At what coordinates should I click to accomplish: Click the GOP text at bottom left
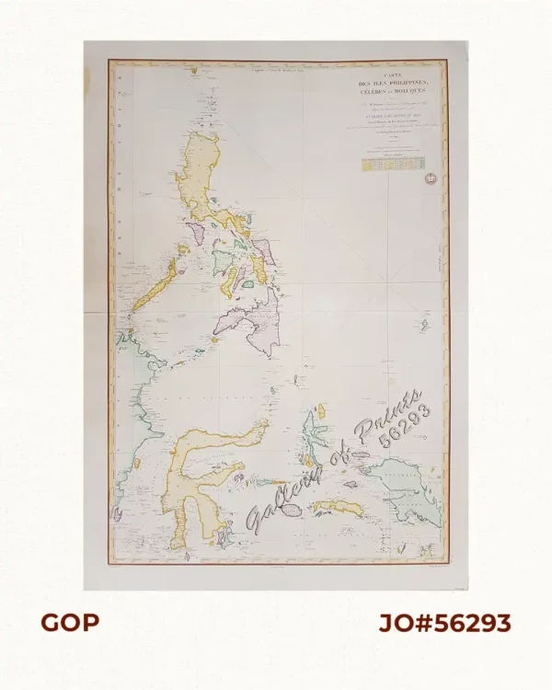tap(70, 623)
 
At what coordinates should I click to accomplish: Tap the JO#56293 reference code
tap(444, 623)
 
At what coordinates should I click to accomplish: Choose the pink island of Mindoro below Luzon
tap(198, 230)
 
